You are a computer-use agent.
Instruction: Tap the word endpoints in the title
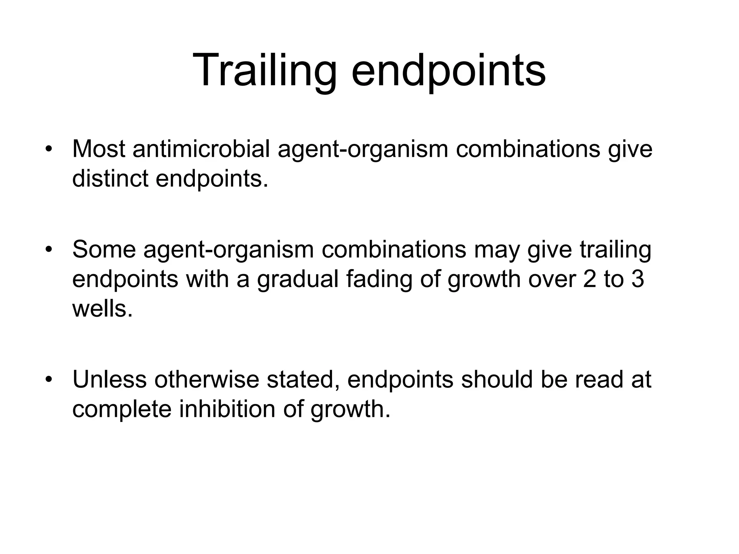click(x=448, y=71)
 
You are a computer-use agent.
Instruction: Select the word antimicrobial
click(x=201, y=149)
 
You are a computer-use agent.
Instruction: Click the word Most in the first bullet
click(x=99, y=149)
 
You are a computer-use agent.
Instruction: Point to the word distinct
click(x=110, y=179)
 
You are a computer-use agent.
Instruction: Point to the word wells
click(x=102, y=309)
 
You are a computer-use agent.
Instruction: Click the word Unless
click(x=109, y=379)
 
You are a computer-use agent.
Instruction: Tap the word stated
click(x=302, y=379)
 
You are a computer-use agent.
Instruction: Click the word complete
click(x=122, y=409)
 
